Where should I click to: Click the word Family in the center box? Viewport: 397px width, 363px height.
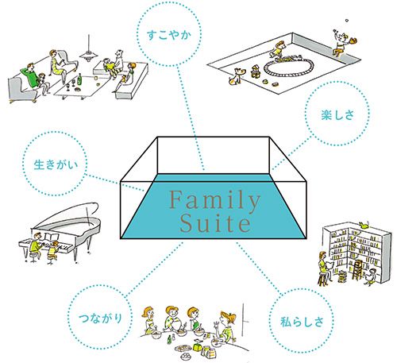click(214, 200)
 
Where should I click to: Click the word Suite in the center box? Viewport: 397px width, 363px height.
click(215, 224)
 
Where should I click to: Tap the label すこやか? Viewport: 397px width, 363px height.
click(169, 35)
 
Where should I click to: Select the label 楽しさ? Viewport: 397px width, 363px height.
click(337, 115)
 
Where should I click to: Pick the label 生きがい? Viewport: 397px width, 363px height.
click(56, 164)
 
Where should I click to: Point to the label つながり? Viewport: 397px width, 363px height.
click(100, 319)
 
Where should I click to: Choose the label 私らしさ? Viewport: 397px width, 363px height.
click(302, 322)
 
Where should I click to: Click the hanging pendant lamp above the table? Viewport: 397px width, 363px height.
click(89, 55)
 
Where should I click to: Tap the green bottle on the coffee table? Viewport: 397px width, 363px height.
click(79, 79)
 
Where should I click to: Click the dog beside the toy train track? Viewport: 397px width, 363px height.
click(235, 76)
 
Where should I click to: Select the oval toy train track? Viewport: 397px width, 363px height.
click(289, 66)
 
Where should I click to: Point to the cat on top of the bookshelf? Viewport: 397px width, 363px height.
click(364, 225)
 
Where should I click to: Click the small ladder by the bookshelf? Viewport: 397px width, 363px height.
click(357, 270)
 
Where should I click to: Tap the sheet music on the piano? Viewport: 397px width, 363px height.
click(51, 237)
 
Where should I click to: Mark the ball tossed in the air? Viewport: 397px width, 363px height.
click(347, 20)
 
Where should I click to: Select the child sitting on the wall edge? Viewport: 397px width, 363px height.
click(341, 42)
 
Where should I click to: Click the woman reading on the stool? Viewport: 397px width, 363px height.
click(325, 268)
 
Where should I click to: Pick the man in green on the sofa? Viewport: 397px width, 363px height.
click(30, 77)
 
